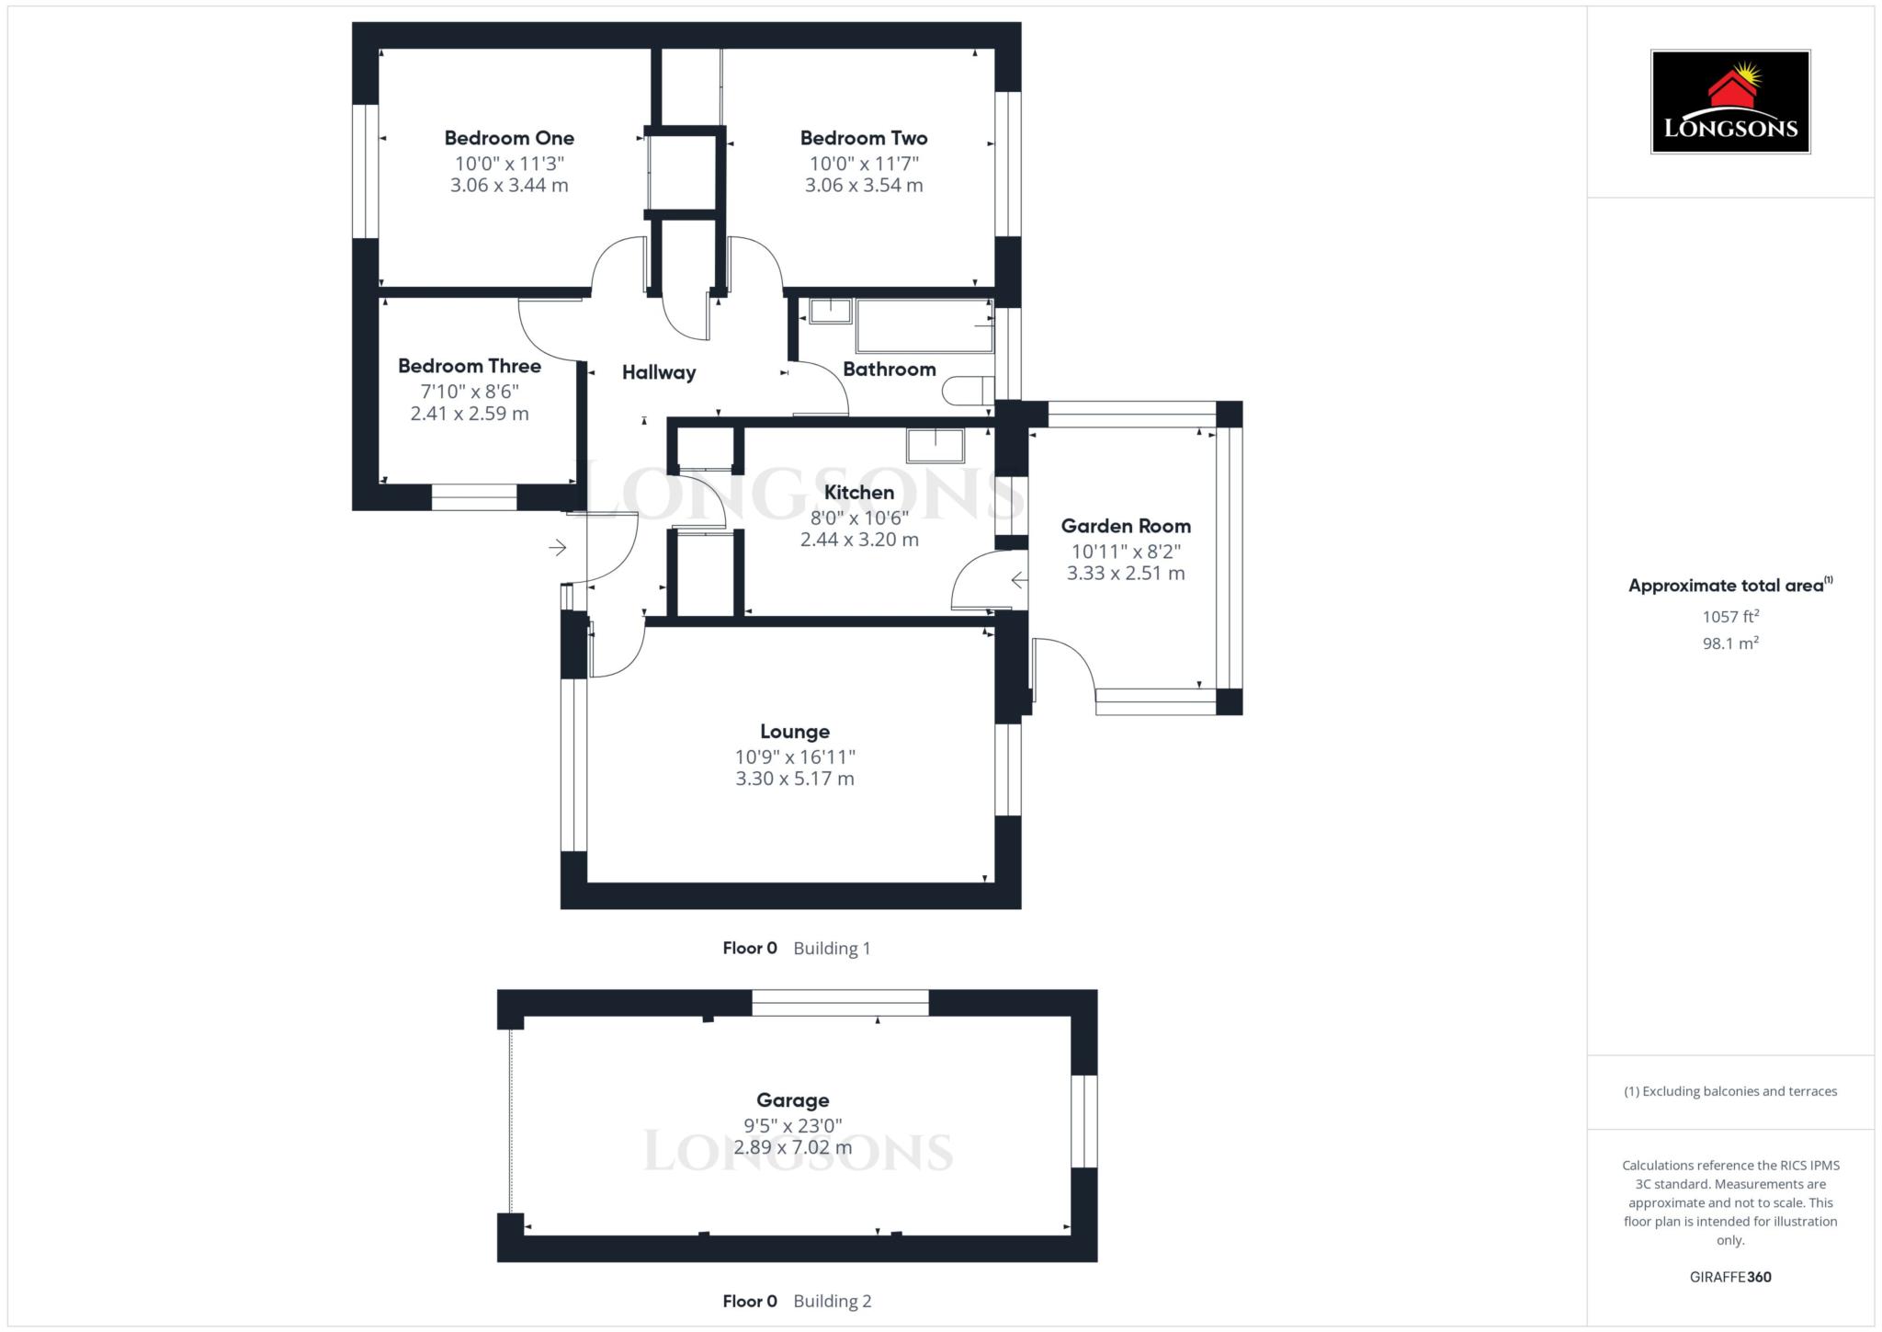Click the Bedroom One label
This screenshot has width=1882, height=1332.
(509, 138)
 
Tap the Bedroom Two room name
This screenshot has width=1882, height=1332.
(863, 138)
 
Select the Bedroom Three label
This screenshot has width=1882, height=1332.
(469, 366)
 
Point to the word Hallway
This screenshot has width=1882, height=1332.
(658, 372)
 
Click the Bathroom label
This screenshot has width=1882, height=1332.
(889, 369)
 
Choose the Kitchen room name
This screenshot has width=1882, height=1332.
(858, 492)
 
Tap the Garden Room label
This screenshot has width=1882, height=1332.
(1125, 526)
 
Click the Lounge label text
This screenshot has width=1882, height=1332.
(794, 732)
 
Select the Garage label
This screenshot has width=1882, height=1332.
(792, 1100)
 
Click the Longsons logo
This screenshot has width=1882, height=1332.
(1729, 102)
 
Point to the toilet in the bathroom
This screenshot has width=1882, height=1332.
(966, 391)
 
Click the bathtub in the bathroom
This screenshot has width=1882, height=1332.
(924, 325)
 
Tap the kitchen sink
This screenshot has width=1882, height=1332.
(935, 446)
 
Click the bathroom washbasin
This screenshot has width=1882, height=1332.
(830, 311)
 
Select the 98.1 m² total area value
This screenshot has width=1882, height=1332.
(1729, 643)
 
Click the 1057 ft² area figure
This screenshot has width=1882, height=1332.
(1729, 617)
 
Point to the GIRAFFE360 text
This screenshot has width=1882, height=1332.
(1729, 1277)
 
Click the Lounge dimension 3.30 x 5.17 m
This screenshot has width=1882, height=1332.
(794, 779)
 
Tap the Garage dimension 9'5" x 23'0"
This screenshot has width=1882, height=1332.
(792, 1125)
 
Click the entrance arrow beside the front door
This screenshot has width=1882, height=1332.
(557, 548)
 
